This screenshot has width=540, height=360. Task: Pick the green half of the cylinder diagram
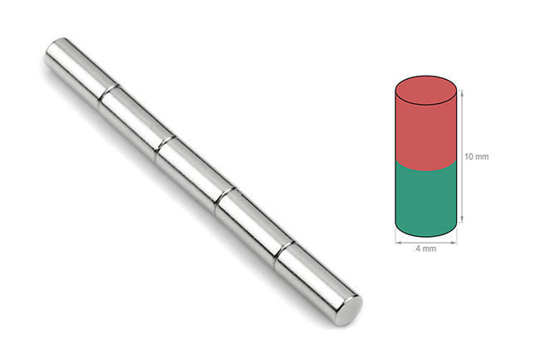pos(425,200)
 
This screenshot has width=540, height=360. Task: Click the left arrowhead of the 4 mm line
pos(396,242)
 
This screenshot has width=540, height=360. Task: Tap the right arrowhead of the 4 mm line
pos(455,242)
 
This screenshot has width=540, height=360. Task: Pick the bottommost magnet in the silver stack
pos(312,279)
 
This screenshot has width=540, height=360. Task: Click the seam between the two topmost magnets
pos(107,93)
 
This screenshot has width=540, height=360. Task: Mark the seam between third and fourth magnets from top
pos(223,199)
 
